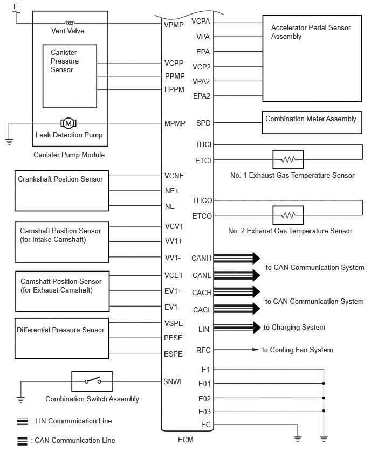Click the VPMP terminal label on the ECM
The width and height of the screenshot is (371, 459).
tap(174, 25)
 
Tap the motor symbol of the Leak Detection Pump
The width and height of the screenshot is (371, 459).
tap(68, 123)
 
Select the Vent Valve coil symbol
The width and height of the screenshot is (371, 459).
tap(70, 23)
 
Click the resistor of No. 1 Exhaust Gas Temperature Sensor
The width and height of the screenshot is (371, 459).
tap(288, 159)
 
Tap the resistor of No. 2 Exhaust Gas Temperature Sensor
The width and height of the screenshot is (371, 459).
tap(288, 215)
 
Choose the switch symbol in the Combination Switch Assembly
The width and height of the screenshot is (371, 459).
tap(92, 381)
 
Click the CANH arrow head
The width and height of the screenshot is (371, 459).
tap(256, 258)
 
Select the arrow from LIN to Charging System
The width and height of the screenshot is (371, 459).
tap(237, 328)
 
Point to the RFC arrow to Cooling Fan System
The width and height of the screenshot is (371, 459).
tap(236, 350)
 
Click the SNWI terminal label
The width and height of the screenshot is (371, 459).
tap(173, 381)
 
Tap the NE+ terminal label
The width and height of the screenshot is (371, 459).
tap(171, 191)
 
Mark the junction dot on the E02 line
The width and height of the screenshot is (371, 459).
tap(324, 398)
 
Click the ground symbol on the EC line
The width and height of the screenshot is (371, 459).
tap(298, 439)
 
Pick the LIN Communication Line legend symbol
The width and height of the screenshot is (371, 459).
tap(23, 421)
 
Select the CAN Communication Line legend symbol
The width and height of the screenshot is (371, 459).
tap(22, 441)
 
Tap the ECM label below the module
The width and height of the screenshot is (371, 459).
tap(186, 440)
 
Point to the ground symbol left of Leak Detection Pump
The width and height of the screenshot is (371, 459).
tap(9, 142)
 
